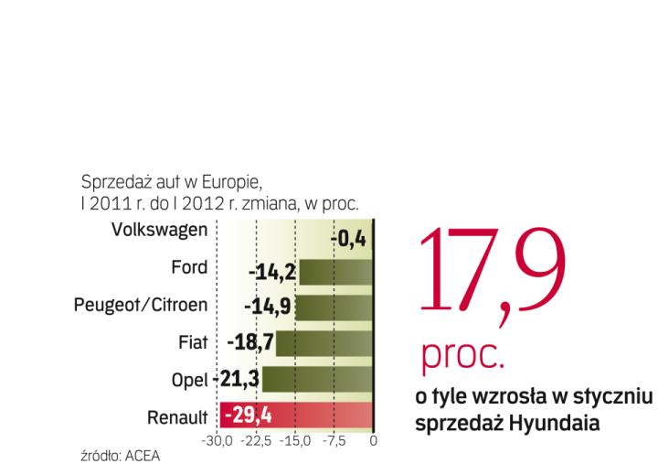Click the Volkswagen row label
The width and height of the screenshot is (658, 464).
point(158,230)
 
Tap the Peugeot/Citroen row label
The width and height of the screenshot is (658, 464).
point(141,305)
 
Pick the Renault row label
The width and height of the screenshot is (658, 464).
point(177,417)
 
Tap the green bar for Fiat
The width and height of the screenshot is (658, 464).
point(324,344)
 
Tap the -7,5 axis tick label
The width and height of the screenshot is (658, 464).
point(334,442)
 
